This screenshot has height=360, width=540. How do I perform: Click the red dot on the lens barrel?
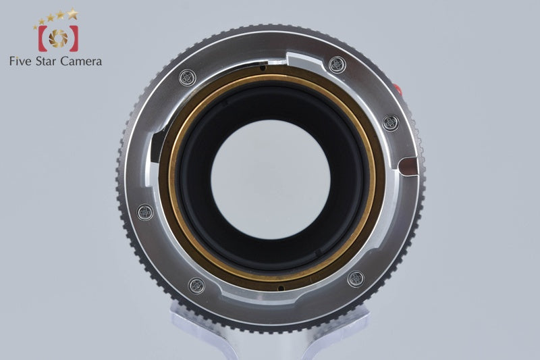pyautogui.click(x=398, y=89)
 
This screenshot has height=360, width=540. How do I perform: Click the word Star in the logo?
pyautogui.click(x=47, y=61)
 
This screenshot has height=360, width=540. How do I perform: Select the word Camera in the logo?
pyautogui.click(x=81, y=61)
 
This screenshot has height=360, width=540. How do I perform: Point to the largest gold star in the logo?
pyautogui.click(x=72, y=14)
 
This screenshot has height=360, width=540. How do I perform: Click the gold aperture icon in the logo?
pyautogui.click(x=58, y=38)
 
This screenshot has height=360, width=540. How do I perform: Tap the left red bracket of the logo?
pyautogui.click(x=43, y=38)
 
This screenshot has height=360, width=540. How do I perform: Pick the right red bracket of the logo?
pyautogui.click(x=74, y=38)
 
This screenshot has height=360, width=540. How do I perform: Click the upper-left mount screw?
pyautogui.click(x=188, y=78)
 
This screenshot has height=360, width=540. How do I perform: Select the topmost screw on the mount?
pyautogui.click(x=337, y=64)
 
